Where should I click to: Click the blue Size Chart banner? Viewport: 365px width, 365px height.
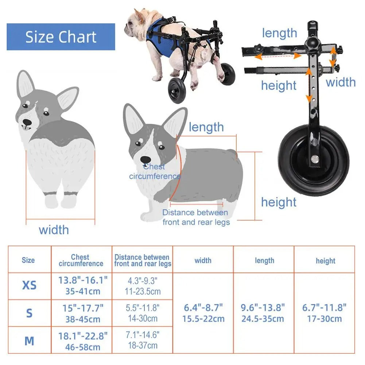(x=61, y=37)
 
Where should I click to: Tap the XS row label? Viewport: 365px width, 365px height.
(x=29, y=285)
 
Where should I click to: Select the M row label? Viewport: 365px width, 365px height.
(x=29, y=341)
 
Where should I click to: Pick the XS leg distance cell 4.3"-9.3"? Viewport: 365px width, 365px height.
(x=142, y=286)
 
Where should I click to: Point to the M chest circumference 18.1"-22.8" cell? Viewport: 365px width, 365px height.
(x=83, y=341)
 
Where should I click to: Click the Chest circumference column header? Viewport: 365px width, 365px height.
(x=81, y=260)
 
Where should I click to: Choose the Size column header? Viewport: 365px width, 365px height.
(x=28, y=260)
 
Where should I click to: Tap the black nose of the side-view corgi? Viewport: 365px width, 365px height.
(x=146, y=159)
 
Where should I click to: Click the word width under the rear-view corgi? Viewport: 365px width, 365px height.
(x=54, y=230)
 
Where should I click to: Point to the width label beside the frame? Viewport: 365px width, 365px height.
(x=341, y=82)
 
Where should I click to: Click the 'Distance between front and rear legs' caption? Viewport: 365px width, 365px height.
(x=196, y=217)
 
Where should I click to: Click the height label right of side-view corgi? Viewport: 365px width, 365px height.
(x=279, y=202)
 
